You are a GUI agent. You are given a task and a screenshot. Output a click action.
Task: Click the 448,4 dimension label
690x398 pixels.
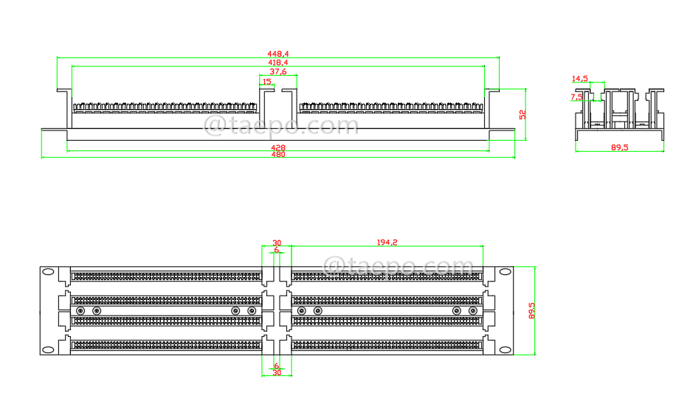point(278,54)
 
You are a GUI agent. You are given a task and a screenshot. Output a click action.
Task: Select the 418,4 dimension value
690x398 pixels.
point(278,63)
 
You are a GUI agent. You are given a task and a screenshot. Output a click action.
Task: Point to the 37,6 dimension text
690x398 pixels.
point(278,71)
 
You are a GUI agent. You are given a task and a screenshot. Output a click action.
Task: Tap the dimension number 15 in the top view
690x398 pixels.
point(266,82)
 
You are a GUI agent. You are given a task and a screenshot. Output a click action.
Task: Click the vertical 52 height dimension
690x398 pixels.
point(522,114)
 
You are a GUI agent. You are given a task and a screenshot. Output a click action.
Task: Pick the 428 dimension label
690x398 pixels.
point(278,148)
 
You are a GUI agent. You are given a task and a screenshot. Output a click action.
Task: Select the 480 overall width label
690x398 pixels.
point(278,155)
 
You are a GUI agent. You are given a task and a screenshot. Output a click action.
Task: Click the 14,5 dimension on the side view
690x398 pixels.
point(579,78)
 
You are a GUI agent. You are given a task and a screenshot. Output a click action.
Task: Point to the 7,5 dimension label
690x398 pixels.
point(576,97)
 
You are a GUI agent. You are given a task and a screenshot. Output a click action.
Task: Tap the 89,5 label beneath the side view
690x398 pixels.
point(619,148)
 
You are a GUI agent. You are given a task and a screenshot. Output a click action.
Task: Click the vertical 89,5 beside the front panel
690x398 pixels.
point(532,310)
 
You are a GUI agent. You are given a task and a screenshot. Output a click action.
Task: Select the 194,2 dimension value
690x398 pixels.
point(387,242)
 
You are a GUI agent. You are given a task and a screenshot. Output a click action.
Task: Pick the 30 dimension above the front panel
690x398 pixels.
point(277,242)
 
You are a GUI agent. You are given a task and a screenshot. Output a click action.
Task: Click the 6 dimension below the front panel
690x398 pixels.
point(277,366)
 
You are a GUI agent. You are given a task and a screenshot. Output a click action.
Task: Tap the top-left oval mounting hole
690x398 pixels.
point(49,272)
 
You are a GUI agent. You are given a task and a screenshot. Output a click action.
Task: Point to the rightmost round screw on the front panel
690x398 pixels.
point(473,311)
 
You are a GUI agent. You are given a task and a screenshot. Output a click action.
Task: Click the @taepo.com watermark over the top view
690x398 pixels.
point(280,125)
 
